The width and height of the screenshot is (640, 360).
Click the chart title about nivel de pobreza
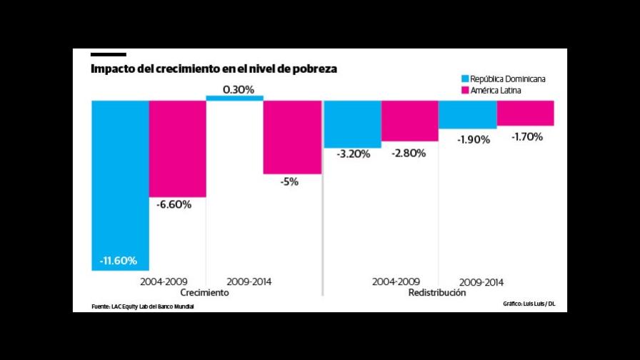tap(214, 69)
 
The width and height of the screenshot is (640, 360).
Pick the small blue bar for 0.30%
tap(234, 98)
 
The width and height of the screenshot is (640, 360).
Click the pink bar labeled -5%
tap(291, 136)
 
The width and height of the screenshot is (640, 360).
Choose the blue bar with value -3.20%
tap(352, 124)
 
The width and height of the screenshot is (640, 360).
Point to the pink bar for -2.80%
tap(409, 121)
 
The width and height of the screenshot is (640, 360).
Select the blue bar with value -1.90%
tap(466, 114)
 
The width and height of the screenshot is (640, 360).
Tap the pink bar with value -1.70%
tap(525, 113)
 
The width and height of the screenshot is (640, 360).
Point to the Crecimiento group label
tap(205, 293)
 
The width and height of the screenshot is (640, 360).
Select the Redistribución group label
tap(437, 293)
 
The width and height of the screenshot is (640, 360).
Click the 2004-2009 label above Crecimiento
tap(164, 281)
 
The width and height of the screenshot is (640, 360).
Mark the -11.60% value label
tap(119, 260)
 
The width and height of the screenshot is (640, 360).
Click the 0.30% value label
tap(238, 89)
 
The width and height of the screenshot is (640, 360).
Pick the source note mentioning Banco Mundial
tap(143, 306)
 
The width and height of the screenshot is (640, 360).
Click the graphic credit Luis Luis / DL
tap(529, 304)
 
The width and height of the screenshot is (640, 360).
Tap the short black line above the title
tap(108, 54)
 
